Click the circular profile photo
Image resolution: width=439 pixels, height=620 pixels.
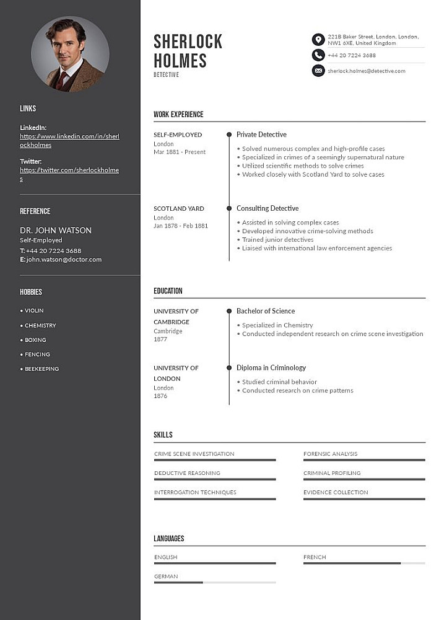(70, 54)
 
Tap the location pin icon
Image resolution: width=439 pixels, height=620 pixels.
(318, 40)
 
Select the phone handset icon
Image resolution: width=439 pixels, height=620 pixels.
(318, 55)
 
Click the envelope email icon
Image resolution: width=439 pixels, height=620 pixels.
(318, 71)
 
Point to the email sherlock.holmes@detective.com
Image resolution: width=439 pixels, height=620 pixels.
(367, 71)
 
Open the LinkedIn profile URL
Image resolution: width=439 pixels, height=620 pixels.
(69, 140)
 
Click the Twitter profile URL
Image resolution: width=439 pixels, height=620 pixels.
(69, 174)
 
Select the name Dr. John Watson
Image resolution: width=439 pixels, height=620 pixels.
(56, 230)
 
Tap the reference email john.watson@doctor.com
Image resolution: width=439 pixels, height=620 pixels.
(64, 259)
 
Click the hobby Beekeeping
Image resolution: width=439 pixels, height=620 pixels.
(41, 369)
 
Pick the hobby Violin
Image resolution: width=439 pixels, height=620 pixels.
(34, 311)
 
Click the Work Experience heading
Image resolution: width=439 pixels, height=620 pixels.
(178, 114)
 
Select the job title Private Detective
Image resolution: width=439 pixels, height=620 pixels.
(261, 135)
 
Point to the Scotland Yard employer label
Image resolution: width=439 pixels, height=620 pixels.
(179, 208)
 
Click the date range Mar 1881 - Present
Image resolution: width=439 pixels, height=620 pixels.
(180, 152)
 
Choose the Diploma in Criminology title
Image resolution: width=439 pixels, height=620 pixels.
(271, 368)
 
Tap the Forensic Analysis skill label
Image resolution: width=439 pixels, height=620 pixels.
(330, 454)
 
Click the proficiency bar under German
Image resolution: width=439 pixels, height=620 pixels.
(215, 582)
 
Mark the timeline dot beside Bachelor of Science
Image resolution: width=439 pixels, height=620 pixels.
(229, 311)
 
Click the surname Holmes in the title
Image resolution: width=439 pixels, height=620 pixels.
(180, 61)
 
